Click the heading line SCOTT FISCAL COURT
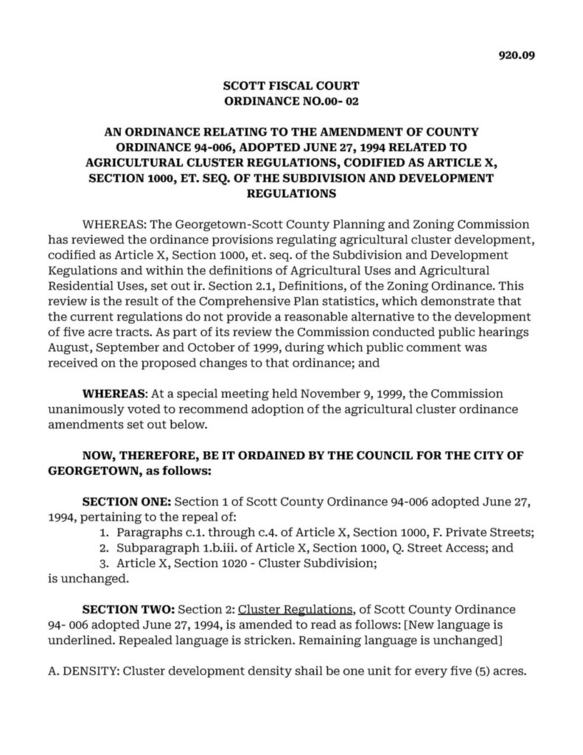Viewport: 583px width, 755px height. [x=291, y=86]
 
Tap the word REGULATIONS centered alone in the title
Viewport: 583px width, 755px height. [x=291, y=194]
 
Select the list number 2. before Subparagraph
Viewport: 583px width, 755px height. [x=103, y=549]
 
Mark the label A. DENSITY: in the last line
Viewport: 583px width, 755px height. [x=80, y=672]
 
